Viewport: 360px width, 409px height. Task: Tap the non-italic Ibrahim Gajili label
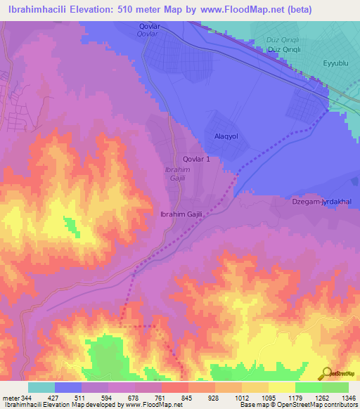[x=182, y=214]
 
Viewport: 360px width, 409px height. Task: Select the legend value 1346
[x=344, y=397]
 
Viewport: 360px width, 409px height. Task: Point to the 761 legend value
[x=160, y=397]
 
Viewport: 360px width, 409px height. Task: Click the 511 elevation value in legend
[x=80, y=397]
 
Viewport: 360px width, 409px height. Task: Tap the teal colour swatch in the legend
[x=41, y=387]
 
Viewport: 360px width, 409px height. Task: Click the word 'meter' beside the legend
[x=9, y=397]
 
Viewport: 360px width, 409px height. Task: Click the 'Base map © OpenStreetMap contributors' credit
[x=297, y=405]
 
